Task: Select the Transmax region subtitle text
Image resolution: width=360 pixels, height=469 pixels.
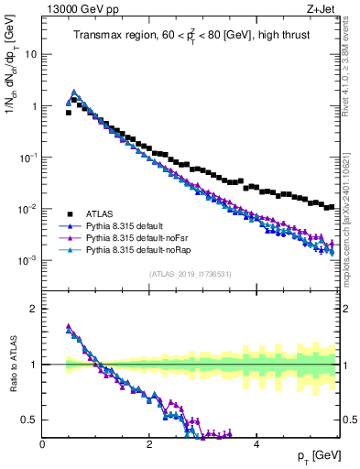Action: (x=190, y=36)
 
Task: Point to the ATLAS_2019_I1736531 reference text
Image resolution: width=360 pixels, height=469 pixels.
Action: (x=190, y=274)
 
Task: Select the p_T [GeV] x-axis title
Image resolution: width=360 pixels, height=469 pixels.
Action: (x=311, y=455)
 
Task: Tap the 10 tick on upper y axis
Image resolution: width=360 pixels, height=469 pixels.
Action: (x=31, y=54)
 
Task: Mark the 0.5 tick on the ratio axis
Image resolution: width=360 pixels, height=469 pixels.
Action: (x=30, y=420)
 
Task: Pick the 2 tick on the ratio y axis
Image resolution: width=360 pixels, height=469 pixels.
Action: (x=35, y=309)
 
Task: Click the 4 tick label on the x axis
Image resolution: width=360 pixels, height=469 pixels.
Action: (x=256, y=444)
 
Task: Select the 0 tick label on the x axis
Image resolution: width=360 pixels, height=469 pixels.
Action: (x=42, y=444)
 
